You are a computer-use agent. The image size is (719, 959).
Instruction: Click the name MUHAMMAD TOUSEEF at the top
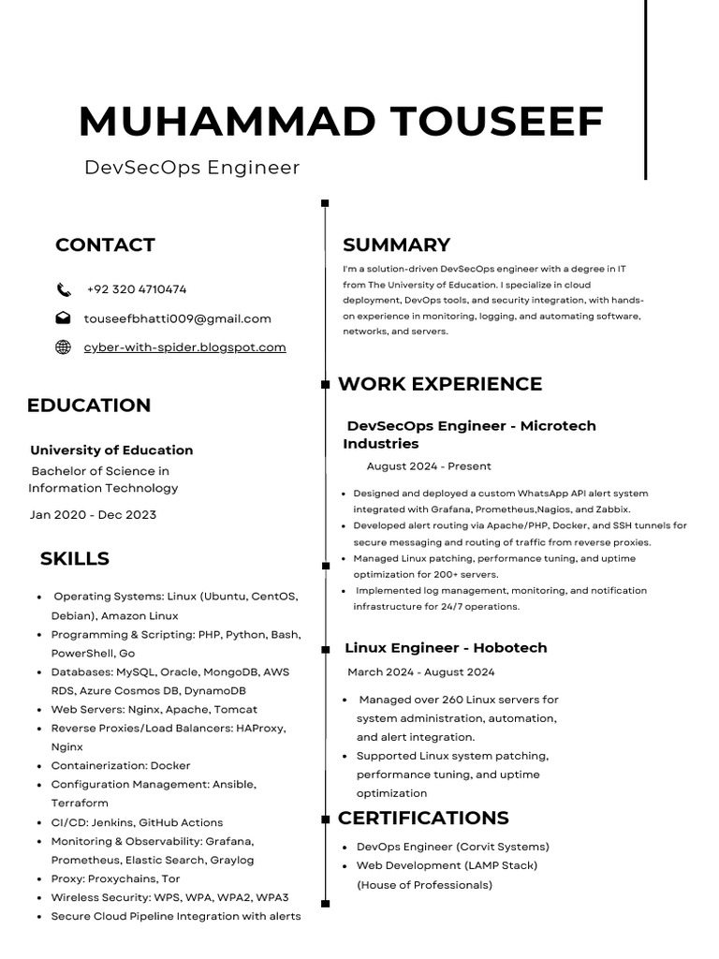pyautogui.click(x=341, y=122)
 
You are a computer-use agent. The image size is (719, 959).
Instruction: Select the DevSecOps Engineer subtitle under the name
pyautogui.click(x=192, y=168)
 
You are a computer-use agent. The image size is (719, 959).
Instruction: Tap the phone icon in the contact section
pyautogui.click(x=64, y=289)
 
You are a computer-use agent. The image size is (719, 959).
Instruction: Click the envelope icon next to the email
pyautogui.click(x=64, y=318)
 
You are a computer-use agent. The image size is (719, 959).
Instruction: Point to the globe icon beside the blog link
pyautogui.click(x=64, y=347)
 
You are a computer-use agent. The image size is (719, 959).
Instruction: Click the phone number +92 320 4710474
pyautogui.click(x=136, y=289)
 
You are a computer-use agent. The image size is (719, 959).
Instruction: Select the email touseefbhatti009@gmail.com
pyautogui.click(x=177, y=318)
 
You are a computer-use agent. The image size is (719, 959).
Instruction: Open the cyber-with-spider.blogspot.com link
pyautogui.click(x=184, y=347)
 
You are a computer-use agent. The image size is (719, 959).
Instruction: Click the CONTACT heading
pyautogui.click(x=105, y=245)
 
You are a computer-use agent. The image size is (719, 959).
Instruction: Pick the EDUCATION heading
pyautogui.click(x=89, y=406)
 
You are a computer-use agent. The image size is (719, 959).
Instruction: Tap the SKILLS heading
pyautogui.click(x=75, y=559)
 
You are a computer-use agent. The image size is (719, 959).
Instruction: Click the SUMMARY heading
pyautogui.click(x=396, y=245)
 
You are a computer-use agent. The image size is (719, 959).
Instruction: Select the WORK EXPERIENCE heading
pyautogui.click(x=440, y=384)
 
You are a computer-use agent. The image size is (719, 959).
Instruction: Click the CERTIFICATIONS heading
pyautogui.click(x=423, y=818)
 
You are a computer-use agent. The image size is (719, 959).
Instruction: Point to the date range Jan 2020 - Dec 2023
pyautogui.click(x=93, y=515)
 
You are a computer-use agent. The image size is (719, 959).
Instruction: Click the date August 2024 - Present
pyautogui.click(x=429, y=466)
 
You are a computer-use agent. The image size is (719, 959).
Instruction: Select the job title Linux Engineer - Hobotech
pyautogui.click(x=446, y=648)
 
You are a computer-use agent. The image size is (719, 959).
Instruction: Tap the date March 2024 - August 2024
pyautogui.click(x=421, y=672)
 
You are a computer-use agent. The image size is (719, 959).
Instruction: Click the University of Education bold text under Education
pyautogui.click(x=111, y=450)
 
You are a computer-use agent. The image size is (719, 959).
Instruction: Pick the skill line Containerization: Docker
pyautogui.click(x=121, y=765)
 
